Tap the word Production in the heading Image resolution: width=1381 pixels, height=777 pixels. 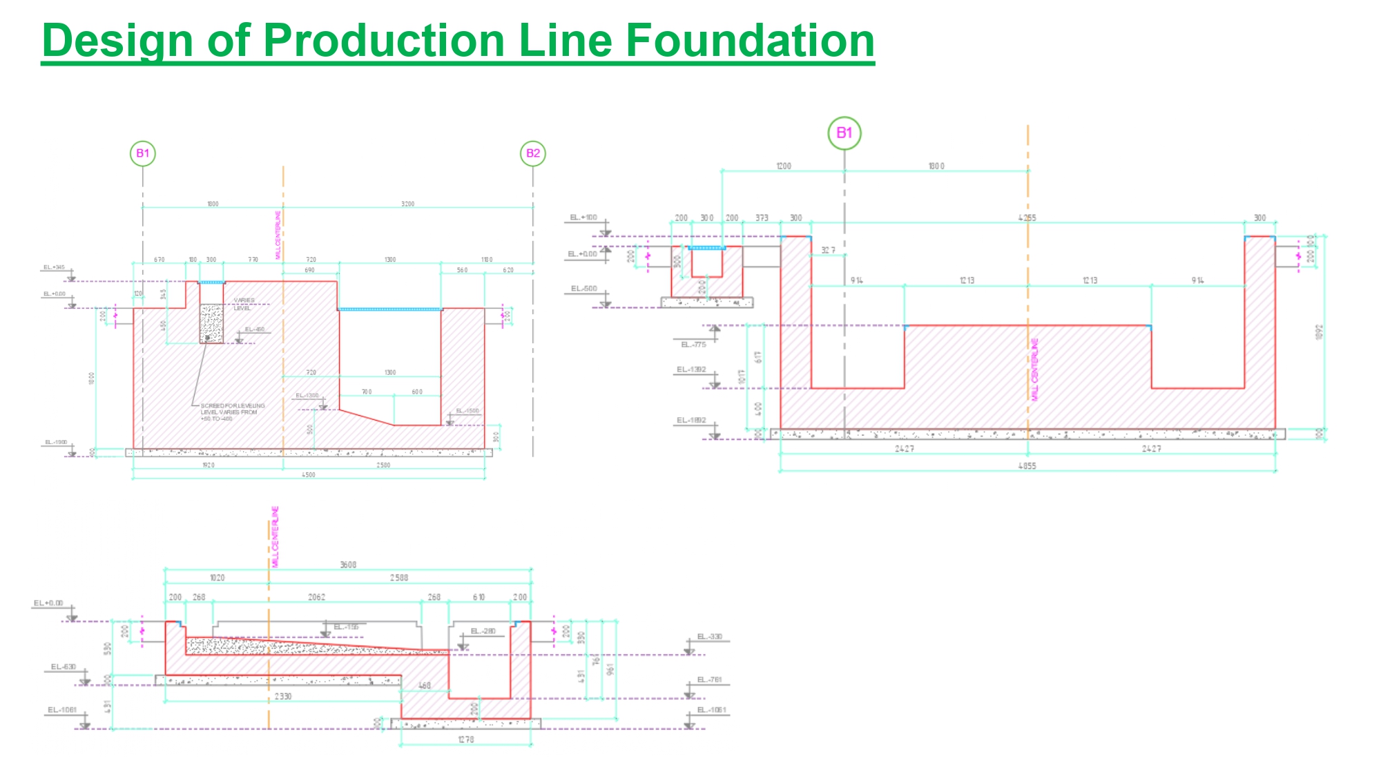point(385,40)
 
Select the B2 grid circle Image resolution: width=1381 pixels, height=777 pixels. point(533,153)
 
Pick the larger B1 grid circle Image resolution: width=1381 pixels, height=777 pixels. point(844,133)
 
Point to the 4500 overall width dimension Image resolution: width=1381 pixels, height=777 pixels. point(309,475)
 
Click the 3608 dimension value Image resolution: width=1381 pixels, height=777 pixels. point(348,565)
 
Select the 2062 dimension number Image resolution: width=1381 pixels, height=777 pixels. point(316,597)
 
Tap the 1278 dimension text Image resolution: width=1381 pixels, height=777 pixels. point(466,740)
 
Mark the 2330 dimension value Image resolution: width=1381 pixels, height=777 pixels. point(283,696)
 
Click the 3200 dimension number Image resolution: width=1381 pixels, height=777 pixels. point(408,204)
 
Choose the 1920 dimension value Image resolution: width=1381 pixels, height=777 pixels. point(209,466)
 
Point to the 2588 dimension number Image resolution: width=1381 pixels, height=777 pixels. point(399,577)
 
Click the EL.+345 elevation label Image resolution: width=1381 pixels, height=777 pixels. point(54,267)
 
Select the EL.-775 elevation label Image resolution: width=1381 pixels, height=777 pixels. point(693,345)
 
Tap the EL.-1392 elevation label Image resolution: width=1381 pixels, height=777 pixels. point(691,370)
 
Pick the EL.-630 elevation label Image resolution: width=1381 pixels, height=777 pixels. point(64,667)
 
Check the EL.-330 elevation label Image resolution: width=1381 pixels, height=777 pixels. point(709,637)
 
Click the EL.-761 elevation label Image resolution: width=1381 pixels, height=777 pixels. point(709,680)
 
